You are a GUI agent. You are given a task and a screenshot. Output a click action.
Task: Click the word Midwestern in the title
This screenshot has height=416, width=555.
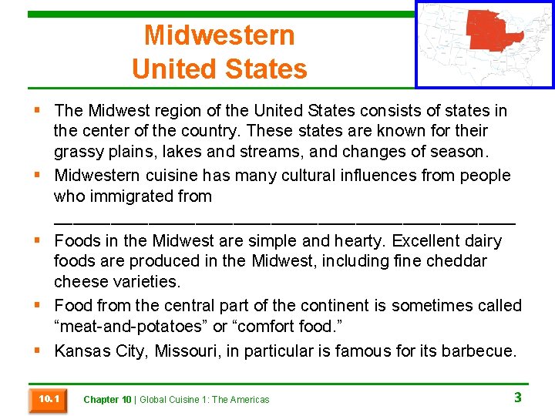pos(219,35)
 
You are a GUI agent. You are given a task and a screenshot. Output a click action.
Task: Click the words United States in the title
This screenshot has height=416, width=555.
pos(219,69)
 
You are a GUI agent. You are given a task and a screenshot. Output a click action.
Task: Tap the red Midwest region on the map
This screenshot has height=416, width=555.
pos(493,32)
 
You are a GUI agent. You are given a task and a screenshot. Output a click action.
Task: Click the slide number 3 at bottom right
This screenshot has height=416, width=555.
pos(518,398)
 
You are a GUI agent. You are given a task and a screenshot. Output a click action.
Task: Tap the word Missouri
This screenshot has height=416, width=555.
pos(186,352)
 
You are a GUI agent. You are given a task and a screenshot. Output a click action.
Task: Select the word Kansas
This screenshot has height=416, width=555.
pos(82,352)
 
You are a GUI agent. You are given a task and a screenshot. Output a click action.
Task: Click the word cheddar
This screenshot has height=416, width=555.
pos(456,261)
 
